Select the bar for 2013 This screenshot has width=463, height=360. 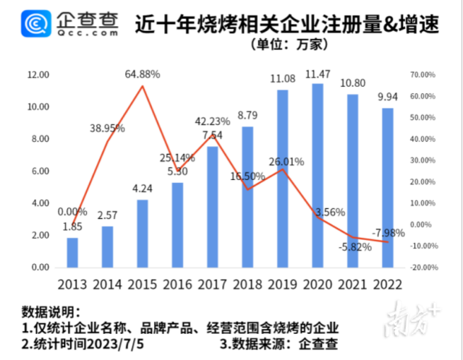pyautogui.click(x=72, y=252)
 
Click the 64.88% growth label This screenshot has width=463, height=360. pyautogui.click(x=143, y=74)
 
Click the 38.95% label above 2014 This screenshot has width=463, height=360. pyautogui.click(x=107, y=128)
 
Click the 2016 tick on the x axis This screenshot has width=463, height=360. pyautogui.click(x=177, y=283)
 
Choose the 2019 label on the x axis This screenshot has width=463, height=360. pyautogui.click(x=282, y=283)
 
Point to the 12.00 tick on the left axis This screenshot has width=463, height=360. pyautogui.click(x=38, y=75)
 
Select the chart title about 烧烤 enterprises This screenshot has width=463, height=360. pyautogui.click(x=287, y=24)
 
